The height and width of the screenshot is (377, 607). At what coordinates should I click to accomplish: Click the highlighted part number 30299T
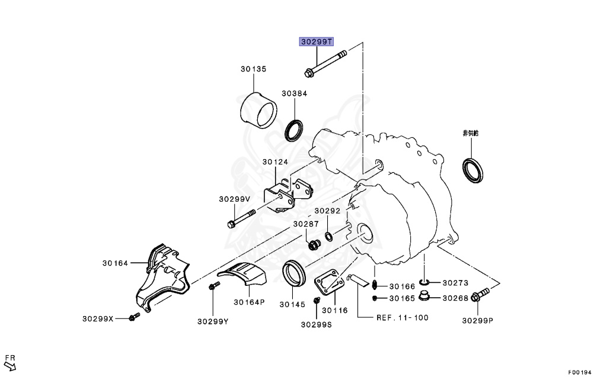click(x=317, y=42)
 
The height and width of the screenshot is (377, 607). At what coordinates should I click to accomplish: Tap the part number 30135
click(x=253, y=69)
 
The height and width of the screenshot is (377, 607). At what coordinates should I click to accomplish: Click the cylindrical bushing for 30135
click(x=259, y=109)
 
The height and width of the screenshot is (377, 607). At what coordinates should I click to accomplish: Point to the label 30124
click(x=275, y=162)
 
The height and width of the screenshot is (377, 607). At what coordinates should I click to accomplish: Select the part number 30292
click(x=327, y=211)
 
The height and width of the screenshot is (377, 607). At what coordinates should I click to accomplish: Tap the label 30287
click(x=305, y=224)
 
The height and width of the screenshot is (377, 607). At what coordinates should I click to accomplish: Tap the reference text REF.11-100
click(x=402, y=318)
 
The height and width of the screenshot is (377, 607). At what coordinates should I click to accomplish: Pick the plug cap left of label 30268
click(x=425, y=296)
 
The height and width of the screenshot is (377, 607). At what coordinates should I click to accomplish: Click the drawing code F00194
click(x=579, y=372)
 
